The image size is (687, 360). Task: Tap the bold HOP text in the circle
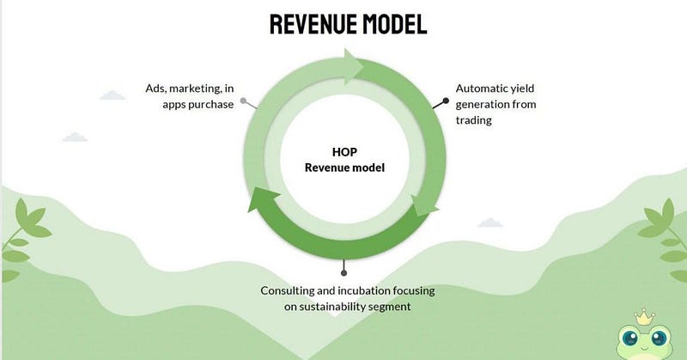pyautogui.click(x=344, y=152)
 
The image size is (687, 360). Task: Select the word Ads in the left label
pyautogui.click(x=155, y=88)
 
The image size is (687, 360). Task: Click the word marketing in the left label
pyautogui.click(x=196, y=89)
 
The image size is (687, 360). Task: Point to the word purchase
pyautogui.click(x=210, y=105)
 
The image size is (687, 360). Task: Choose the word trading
pyautogui.click(x=474, y=120)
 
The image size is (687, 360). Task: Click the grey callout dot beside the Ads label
pyautogui.click(x=243, y=101)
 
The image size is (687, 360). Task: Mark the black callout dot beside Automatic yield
pyautogui.click(x=446, y=101)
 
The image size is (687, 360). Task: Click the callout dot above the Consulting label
pyautogui.click(x=344, y=272)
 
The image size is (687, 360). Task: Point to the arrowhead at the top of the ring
pyautogui.click(x=353, y=67)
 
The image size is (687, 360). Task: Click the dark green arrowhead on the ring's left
pyautogui.click(x=262, y=198)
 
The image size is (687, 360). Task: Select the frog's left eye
pyautogui.click(x=631, y=338)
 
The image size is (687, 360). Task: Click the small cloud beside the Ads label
pyautogui.click(x=112, y=95)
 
